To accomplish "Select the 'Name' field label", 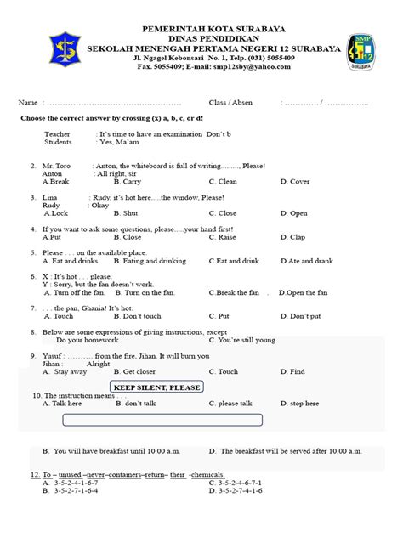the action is point(28,102).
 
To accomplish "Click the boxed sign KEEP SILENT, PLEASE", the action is point(157,387).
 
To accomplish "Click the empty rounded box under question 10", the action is point(162,420).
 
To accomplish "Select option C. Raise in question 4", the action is point(224,237).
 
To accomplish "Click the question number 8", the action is point(32,332).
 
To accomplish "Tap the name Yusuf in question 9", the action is point(50,356).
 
